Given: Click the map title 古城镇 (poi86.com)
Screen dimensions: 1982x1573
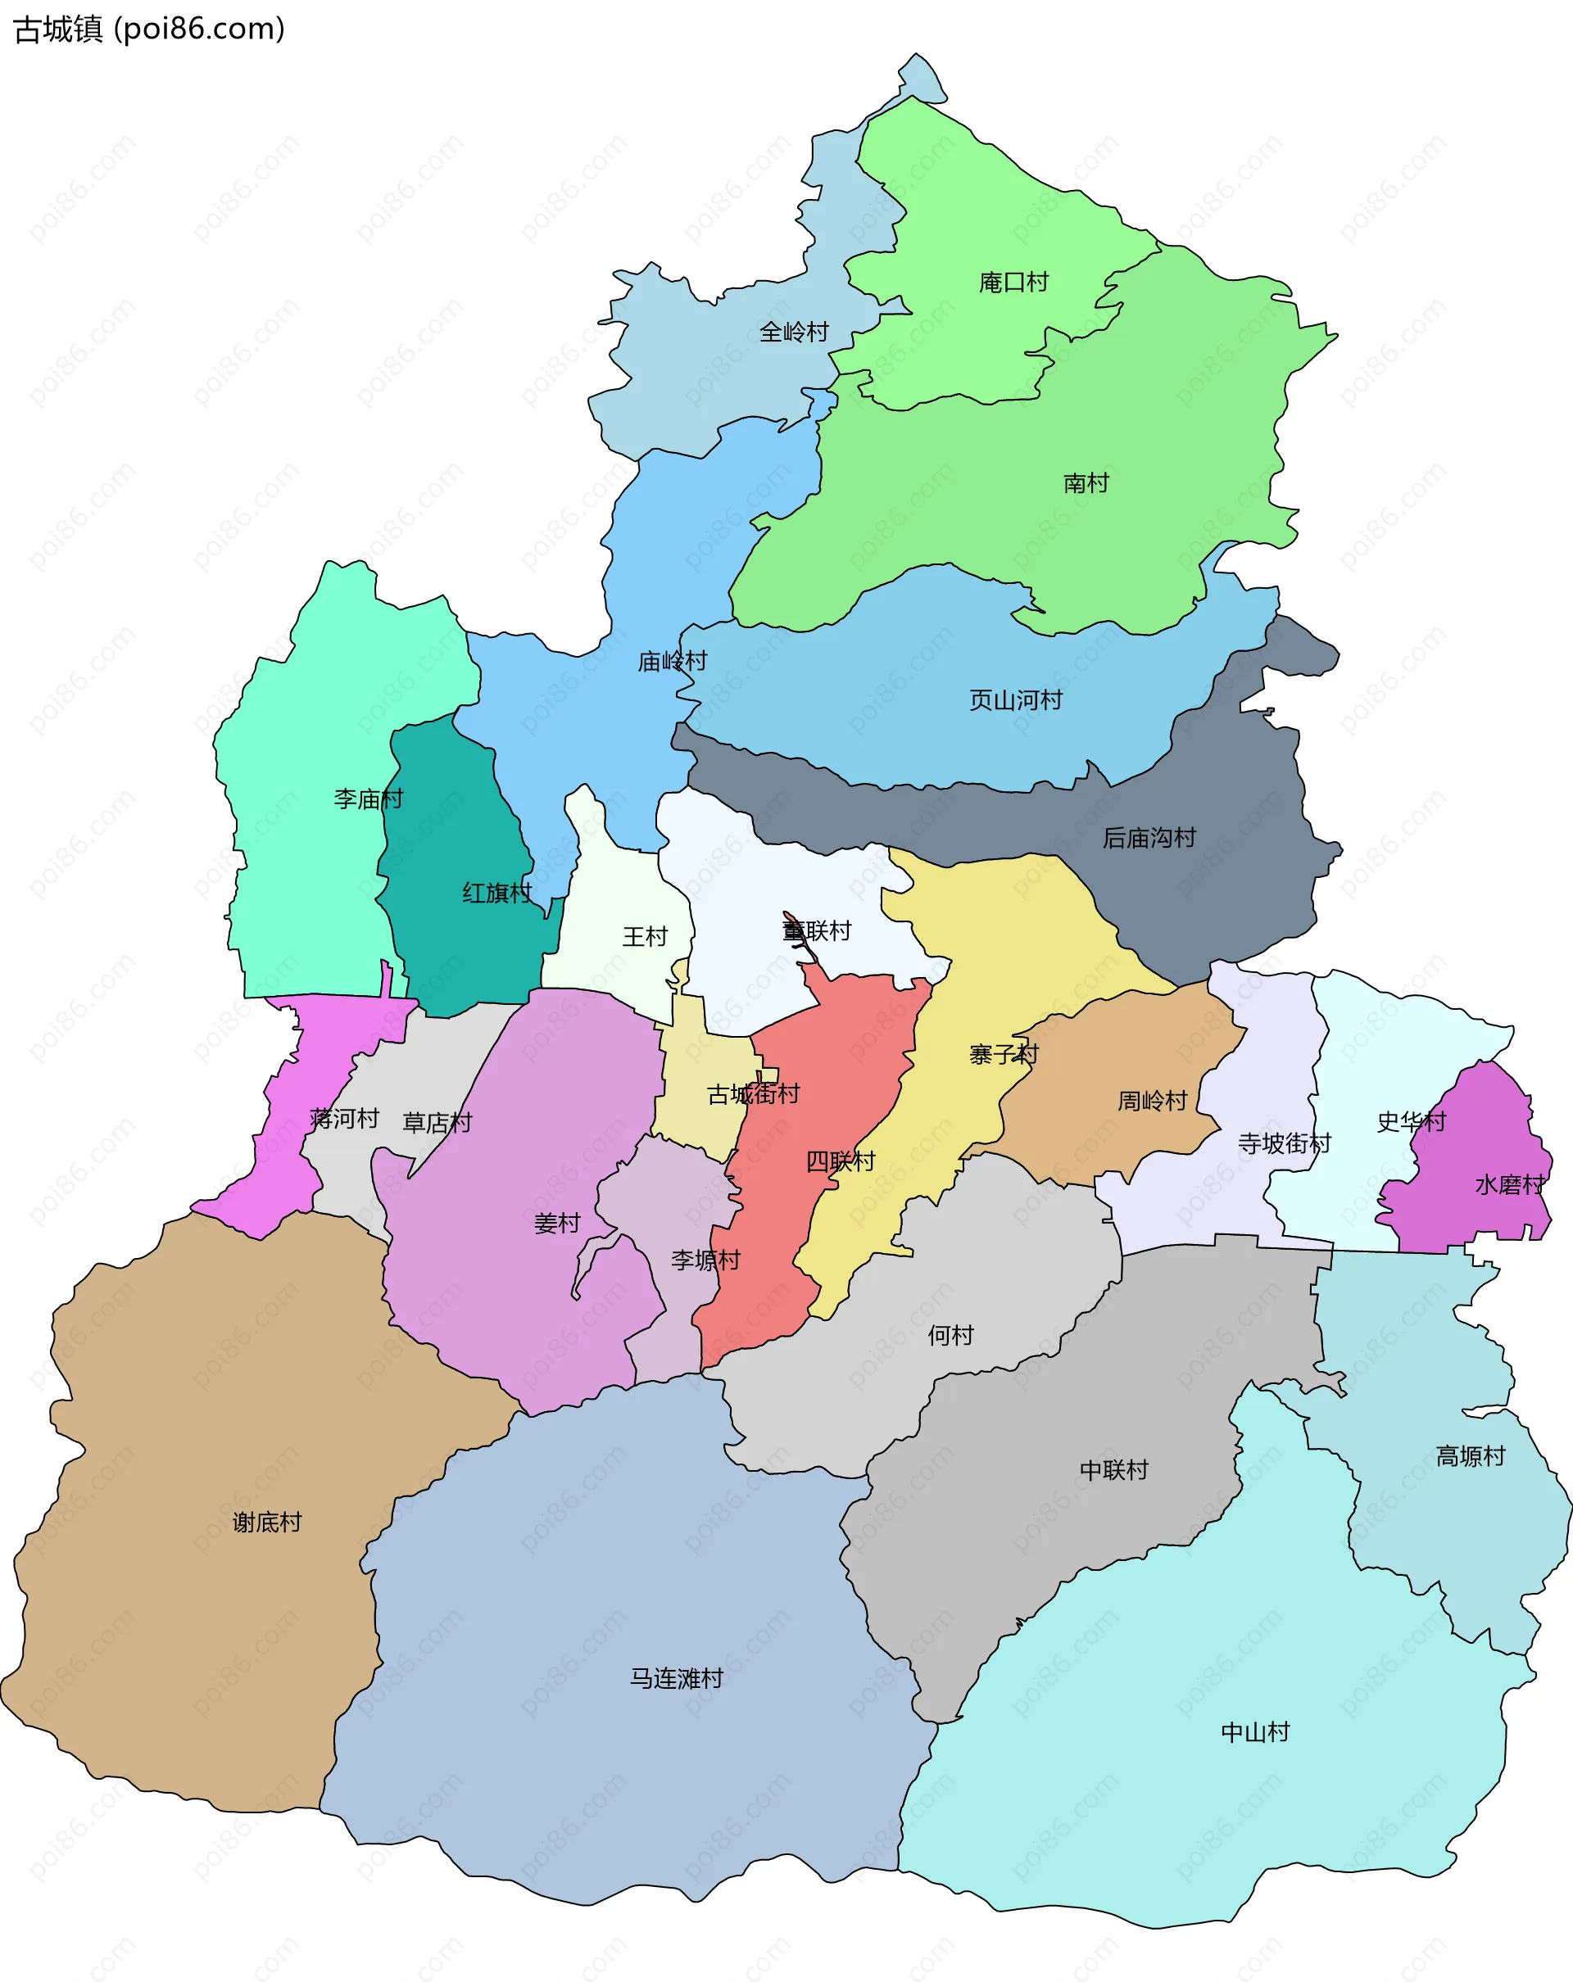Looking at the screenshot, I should (149, 29).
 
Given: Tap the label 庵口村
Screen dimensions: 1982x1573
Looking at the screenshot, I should (1013, 283).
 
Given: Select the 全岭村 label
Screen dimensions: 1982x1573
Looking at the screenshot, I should (793, 332).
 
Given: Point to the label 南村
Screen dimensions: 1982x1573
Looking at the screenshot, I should (1086, 482).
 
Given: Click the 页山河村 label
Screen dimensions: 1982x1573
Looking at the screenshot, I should (1015, 700).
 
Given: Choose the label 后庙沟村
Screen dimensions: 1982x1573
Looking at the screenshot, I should (1149, 838).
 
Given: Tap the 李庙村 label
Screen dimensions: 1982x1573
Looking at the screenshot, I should (368, 799).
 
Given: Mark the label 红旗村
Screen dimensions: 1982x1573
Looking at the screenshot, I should (496, 893).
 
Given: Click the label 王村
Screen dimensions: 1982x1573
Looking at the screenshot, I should (645, 937).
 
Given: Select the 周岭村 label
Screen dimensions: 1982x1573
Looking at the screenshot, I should (1152, 1101).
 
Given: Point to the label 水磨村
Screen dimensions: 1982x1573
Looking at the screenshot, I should (1510, 1185).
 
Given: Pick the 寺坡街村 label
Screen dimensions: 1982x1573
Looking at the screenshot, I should (1284, 1143).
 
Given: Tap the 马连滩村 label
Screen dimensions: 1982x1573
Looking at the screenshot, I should (676, 1679).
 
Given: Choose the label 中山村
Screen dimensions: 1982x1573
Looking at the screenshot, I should (1255, 1733).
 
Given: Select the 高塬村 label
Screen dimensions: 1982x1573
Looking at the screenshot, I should (1470, 1456).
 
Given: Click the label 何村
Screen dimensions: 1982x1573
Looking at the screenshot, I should (950, 1335).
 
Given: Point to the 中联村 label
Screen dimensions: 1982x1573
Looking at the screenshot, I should (1113, 1470).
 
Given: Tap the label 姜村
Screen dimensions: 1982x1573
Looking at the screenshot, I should (557, 1224).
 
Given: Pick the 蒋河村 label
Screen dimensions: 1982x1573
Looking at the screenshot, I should (345, 1119).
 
